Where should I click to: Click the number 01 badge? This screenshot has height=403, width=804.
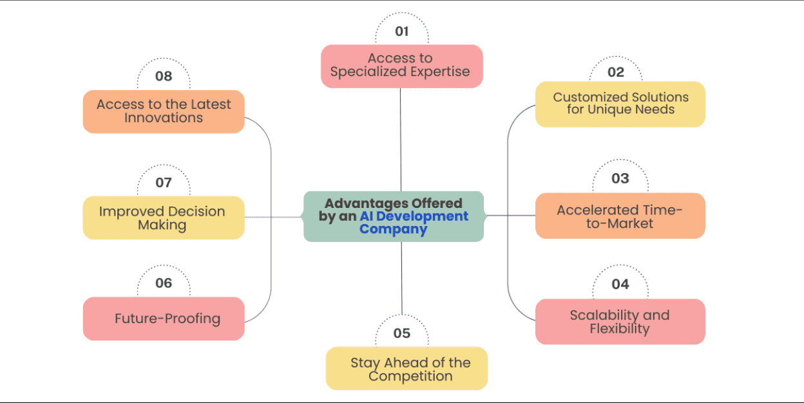[x=402, y=32]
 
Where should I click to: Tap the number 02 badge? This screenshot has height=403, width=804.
[x=616, y=72]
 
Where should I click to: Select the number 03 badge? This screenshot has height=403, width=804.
[x=620, y=178]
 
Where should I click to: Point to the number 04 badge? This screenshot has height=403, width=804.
[x=620, y=284]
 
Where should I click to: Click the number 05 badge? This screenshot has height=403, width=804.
[x=402, y=333]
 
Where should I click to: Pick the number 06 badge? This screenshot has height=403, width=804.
[x=164, y=283]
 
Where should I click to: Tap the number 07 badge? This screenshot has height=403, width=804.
[x=164, y=182]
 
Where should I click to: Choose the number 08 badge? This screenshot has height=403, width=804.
[x=164, y=76]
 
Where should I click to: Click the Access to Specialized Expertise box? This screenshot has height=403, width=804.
[x=401, y=66]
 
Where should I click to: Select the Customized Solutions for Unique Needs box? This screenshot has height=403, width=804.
[x=620, y=104]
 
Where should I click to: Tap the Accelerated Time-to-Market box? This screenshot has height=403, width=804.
[x=620, y=216]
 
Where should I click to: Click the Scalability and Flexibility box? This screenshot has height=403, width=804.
[x=620, y=322]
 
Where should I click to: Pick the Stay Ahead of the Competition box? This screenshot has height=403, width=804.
[x=407, y=369]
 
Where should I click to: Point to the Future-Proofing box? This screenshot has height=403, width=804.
[x=164, y=319]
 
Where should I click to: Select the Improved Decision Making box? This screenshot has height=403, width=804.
[x=163, y=218]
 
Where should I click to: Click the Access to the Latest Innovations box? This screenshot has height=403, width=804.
[x=164, y=111]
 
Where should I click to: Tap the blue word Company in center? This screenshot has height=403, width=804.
[x=393, y=229]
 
